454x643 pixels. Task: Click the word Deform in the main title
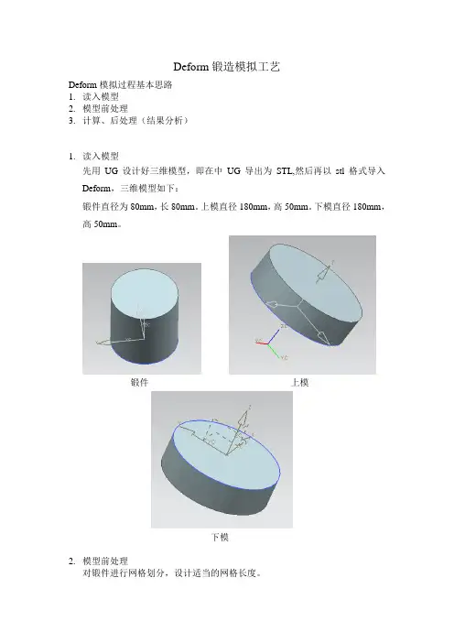pos(191,67)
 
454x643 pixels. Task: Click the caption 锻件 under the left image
pos(139,382)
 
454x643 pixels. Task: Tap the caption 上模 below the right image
pos(299,383)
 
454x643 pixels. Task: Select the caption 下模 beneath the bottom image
pos(220,537)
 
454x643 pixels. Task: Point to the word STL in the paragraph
pos(285,171)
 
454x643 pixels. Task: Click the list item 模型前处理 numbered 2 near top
pos(105,109)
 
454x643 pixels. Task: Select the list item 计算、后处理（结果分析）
pos(135,121)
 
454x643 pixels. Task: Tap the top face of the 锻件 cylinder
pos(145,294)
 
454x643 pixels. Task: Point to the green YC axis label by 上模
pos(284,357)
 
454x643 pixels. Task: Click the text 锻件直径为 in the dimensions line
pos(105,207)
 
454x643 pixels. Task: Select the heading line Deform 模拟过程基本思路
pos(121,85)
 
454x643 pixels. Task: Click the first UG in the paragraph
pos(111,171)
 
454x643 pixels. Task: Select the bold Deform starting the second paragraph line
pos(97,189)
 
